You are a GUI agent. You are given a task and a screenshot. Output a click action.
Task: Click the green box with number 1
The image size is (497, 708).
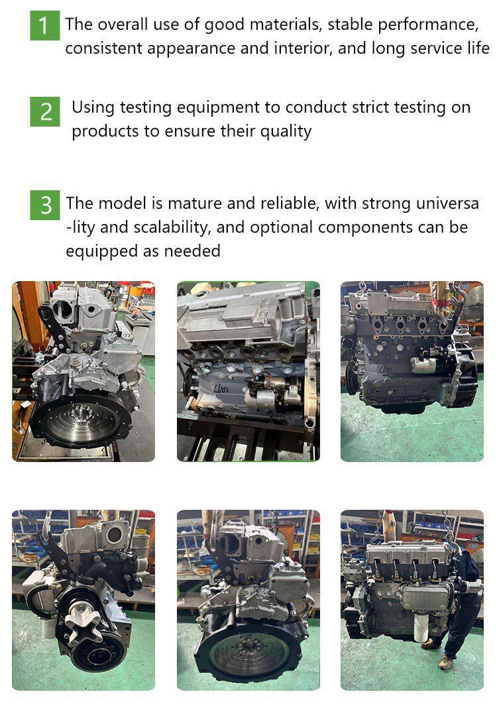(44, 26)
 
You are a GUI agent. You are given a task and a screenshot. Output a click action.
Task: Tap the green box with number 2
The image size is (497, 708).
(44, 111)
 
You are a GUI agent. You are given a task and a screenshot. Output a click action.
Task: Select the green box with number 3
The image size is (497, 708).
(44, 205)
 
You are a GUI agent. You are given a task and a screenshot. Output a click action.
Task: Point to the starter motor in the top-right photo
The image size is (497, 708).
(425, 364)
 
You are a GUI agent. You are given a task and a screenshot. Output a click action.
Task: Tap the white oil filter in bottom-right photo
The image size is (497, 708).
(423, 630)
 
